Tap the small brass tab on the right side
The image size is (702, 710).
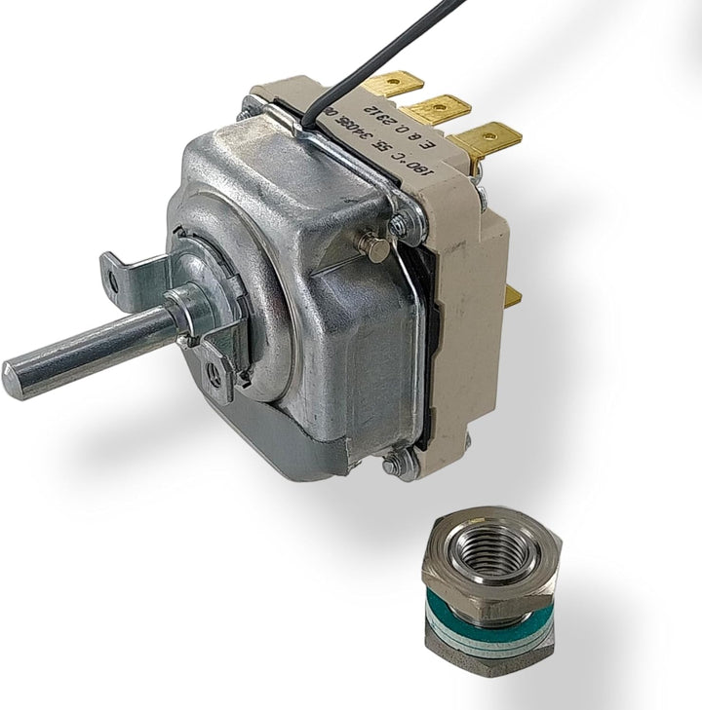(513, 296)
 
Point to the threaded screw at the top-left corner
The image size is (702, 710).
(244, 113)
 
